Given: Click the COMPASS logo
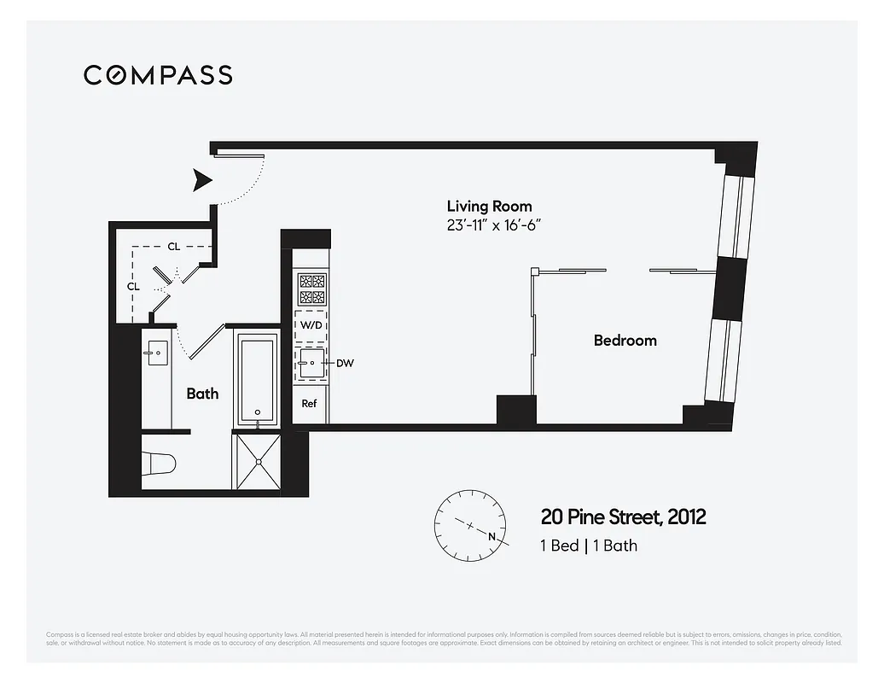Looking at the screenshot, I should point(158,75).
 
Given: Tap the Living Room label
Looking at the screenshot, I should point(489,206).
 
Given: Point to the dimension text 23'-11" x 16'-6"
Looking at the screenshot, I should point(495,225).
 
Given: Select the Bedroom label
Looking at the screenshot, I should point(625,341).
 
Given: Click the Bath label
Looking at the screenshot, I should point(202,394).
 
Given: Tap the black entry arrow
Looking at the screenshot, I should point(202,180).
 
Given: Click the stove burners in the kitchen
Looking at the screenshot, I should point(311,289).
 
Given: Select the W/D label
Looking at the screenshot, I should point(310,326).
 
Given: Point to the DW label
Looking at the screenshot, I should point(345,363).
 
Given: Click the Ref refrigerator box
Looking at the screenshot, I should point(309,403).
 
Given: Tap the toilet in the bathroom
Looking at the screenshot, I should point(160,463).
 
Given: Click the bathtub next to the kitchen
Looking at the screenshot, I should point(257,377).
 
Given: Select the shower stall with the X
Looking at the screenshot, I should point(257,461).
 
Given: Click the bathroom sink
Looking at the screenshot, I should point(157,353).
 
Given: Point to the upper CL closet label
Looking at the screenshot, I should point(173,247).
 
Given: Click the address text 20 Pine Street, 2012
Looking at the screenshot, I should point(623,517).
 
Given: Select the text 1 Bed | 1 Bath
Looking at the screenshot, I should point(588,546).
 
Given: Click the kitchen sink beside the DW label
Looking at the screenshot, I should point(309,363).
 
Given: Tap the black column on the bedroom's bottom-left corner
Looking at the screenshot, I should point(515,409).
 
